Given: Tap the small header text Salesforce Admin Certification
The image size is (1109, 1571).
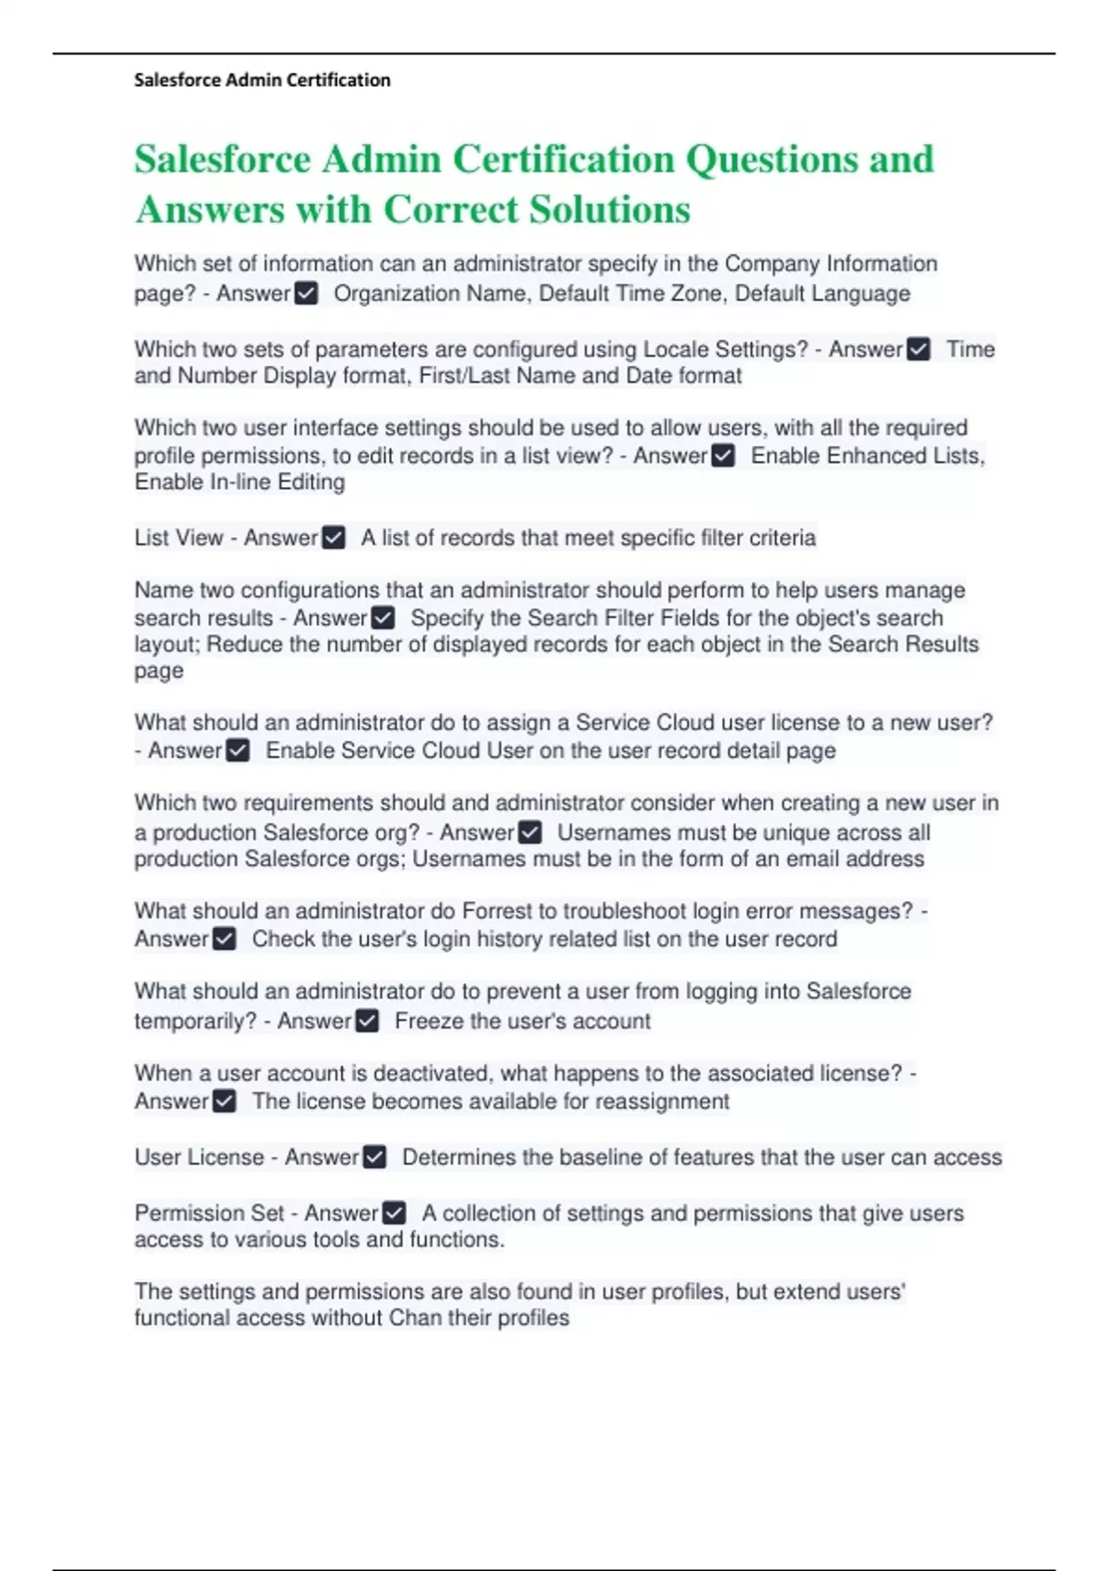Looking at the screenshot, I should [x=262, y=80].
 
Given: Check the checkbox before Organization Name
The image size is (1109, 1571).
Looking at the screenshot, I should [x=306, y=294].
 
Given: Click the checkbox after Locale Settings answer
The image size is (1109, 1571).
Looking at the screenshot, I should [x=919, y=349].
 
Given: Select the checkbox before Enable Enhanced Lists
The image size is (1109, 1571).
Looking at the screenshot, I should [x=724, y=456].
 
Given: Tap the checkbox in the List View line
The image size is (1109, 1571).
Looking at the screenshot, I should [x=334, y=538].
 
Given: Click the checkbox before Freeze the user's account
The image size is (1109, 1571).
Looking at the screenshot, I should [x=367, y=1021].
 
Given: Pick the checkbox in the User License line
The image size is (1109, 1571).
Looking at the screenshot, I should [x=374, y=1157].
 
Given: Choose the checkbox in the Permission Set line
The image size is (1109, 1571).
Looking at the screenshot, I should [x=394, y=1212].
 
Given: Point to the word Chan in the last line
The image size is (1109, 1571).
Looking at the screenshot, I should [x=415, y=1318].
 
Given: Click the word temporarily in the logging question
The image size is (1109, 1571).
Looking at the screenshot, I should [x=195, y=1021].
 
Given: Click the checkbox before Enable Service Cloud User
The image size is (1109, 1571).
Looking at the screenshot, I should [x=238, y=750].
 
